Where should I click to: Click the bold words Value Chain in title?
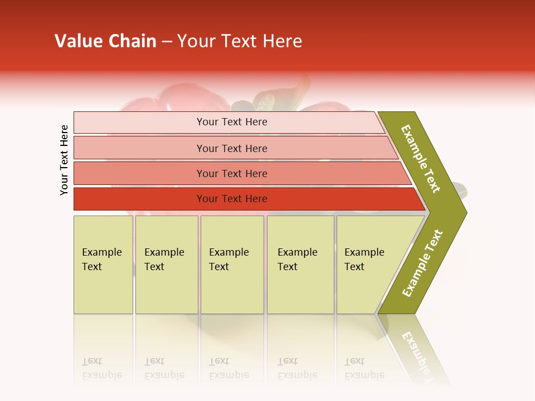[105, 41]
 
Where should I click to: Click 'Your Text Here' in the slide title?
[240, 41]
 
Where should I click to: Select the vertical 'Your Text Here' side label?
[64, 160]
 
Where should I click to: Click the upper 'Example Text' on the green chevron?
[421, 159]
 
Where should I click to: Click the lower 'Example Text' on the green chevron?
[422, 263]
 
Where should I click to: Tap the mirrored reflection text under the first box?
[101, 368]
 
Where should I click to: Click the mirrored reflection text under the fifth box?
[364, 368]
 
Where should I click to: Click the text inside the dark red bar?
[232, 199]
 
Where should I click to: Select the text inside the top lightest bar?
[232, 122]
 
